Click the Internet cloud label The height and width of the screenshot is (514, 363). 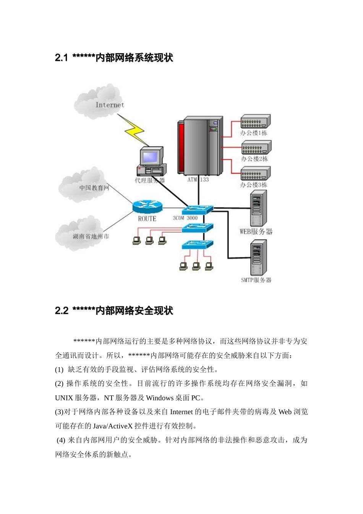110,105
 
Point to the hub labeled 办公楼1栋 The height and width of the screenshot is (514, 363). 255,122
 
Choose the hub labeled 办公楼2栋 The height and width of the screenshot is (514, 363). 256,148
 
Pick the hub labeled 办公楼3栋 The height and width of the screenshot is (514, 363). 255,174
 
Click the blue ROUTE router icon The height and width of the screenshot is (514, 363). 147,207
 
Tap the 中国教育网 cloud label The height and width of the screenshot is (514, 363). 94,188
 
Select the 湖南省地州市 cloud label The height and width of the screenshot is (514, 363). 91,236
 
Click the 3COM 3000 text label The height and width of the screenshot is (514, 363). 185,218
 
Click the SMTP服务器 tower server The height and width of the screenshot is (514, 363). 258,258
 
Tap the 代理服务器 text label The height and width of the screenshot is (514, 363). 149,181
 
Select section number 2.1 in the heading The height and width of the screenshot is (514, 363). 61,58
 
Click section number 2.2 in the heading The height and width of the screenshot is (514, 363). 62,311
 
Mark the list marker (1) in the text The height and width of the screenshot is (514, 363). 59,370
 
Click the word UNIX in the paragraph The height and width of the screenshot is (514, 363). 64,398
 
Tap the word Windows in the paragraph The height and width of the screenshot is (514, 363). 160,398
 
